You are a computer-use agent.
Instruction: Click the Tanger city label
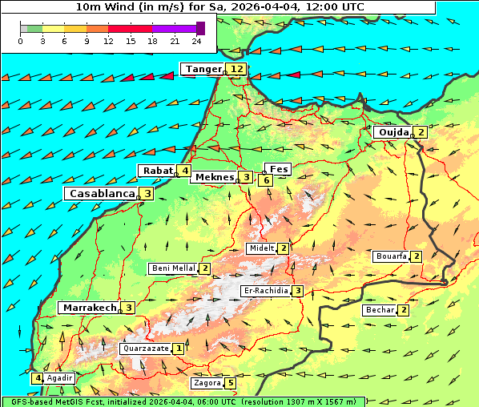click(202, 69)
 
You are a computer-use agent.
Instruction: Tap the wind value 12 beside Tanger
click(236, 69)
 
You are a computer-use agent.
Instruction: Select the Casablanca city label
click(100, 193)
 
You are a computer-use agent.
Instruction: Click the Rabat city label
click(157, 171)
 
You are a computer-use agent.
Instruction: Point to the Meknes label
click(213, 177)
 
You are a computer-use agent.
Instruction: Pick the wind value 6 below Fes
click(266, 180)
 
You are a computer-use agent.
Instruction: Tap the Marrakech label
click(89, 308)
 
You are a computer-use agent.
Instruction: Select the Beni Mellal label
click(173, 268)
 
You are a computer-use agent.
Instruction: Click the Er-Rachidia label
click(265, 290)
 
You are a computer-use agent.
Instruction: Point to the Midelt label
click(261, 248)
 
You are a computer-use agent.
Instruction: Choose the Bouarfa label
click(391, 256)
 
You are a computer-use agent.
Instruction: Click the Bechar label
click(380, 310)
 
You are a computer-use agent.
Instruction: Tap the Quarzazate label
click(145, 349)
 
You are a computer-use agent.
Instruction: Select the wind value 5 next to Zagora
click(231, 383)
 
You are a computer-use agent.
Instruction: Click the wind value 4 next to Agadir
click(37, 378)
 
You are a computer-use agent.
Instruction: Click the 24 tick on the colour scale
click(196, 40)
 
